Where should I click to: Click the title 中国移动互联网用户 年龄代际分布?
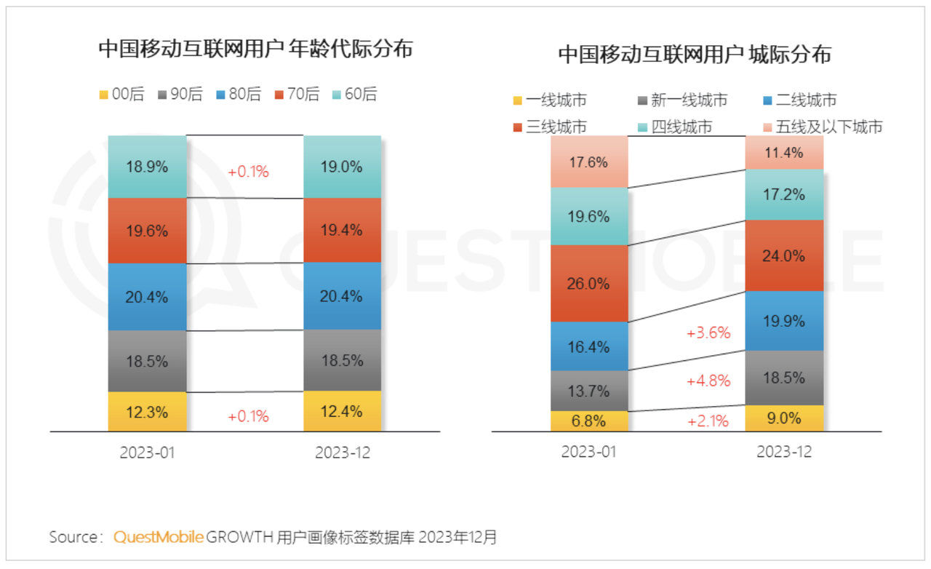255,49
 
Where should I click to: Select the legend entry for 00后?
121,95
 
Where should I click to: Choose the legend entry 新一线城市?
682,100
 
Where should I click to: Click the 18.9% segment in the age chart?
148,167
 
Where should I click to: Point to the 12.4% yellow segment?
343,412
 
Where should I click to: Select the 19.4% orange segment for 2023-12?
343,231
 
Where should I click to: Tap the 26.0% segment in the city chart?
589,284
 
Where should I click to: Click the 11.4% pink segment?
784,153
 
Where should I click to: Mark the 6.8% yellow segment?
589,421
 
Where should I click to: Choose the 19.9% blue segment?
784,321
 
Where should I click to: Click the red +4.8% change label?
708,380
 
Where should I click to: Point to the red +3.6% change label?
708,333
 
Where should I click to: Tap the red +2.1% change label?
708,421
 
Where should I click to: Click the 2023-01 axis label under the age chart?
148,453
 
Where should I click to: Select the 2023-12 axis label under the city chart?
784,452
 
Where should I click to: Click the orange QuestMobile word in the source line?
159,538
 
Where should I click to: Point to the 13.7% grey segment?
589,391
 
